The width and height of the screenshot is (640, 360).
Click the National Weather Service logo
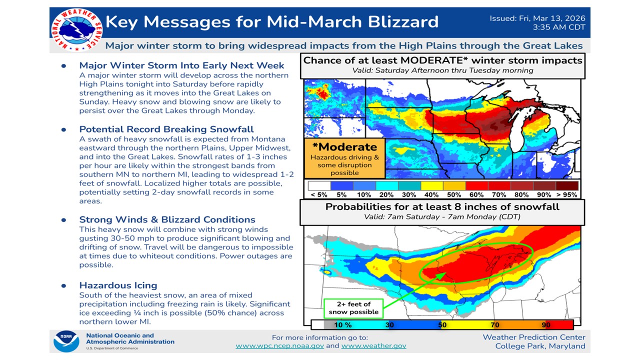76,30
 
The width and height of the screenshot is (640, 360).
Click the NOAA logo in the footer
66,341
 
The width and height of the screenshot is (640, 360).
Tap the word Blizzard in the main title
403,21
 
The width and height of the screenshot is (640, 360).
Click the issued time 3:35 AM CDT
559,27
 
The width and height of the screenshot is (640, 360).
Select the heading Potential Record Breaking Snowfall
166,129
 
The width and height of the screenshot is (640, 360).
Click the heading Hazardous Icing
118,285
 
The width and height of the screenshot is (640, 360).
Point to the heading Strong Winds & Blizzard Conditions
167,219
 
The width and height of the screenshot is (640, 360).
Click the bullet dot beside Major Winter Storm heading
63,65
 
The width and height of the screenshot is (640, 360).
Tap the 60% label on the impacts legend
476,195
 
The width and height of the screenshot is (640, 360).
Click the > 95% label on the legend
566,195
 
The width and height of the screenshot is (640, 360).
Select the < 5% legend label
319,195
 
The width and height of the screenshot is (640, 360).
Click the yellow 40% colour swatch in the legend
431,185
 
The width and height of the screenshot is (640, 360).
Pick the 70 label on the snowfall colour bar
495,325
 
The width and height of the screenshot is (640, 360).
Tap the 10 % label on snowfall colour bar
343,325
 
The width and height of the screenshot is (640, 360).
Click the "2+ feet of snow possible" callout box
353,308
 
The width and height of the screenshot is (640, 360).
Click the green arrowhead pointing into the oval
441,275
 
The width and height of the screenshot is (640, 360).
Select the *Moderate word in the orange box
344,147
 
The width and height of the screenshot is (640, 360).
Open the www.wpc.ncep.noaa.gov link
279,345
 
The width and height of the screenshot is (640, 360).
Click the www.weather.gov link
373,345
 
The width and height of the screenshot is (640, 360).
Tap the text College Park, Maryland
540,346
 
